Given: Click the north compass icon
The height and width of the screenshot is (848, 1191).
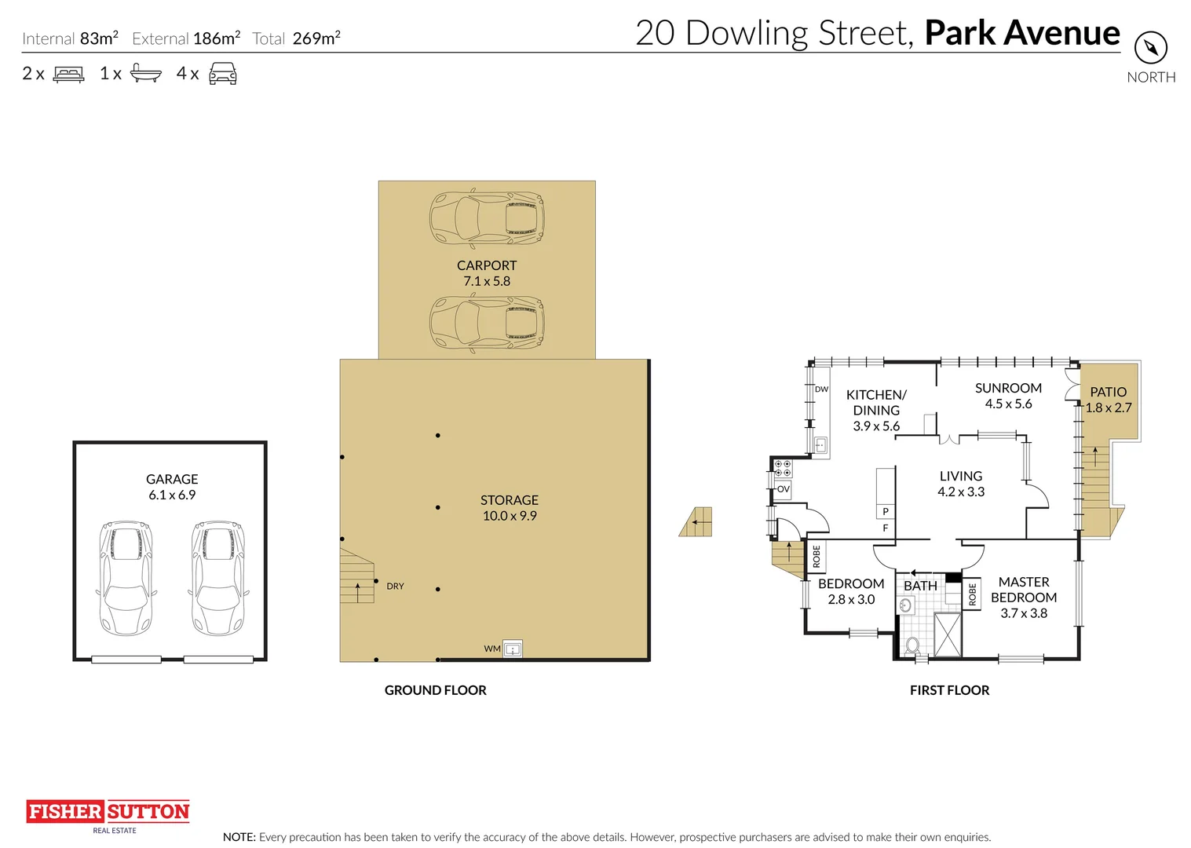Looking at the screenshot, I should point(1150,48).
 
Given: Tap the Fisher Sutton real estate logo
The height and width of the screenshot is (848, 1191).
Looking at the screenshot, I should point(108,813).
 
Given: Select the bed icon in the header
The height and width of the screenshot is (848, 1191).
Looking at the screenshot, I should point(69,74).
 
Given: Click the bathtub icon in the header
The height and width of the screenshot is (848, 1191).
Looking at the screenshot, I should point(145,74).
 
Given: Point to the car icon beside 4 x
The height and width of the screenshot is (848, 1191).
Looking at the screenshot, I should point(223,74).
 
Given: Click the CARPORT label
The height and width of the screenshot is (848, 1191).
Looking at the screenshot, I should point(487,265).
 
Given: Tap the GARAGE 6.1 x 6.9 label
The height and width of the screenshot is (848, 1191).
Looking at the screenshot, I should point(172,487).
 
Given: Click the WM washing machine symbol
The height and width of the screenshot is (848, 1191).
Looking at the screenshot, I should point(513,649).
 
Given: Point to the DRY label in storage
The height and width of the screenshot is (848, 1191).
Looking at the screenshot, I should point(395,587).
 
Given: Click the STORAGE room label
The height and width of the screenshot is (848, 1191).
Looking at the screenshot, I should point(510,507).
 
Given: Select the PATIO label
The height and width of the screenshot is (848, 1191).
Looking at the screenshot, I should point(1108,392).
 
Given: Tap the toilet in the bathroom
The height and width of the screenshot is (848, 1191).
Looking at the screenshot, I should point(912,645).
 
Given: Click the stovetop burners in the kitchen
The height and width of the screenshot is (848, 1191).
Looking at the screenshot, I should point(783,469).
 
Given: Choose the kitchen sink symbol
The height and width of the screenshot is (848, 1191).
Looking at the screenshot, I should point(820,446).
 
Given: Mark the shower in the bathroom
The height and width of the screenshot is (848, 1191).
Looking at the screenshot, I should point(947,634).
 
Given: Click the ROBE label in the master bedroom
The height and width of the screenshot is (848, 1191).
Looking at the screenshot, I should point(972,594).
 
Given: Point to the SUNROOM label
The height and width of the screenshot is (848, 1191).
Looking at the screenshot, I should point(1008,388).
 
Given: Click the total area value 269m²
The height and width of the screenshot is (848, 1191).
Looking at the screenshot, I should point(316,38).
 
